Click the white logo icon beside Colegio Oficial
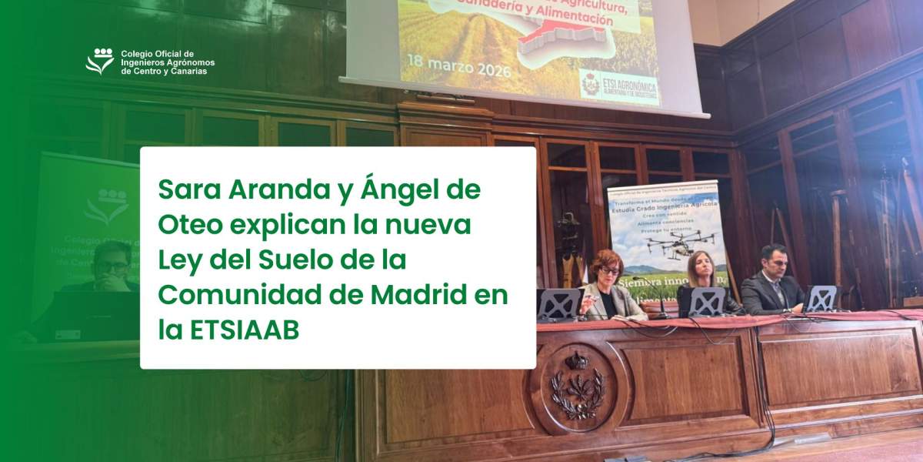pos(100,62)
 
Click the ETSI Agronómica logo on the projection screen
pos(619,86)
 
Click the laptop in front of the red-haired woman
pos(559,304)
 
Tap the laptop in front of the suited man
pos(821,298)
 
